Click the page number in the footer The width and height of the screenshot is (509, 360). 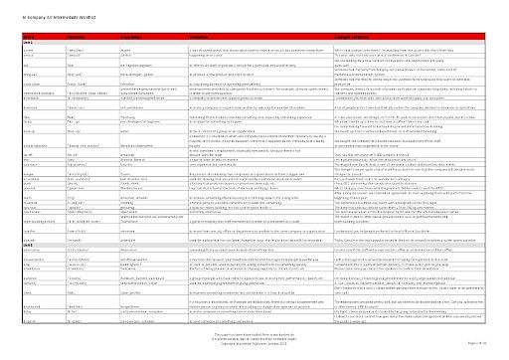[497, 343]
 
